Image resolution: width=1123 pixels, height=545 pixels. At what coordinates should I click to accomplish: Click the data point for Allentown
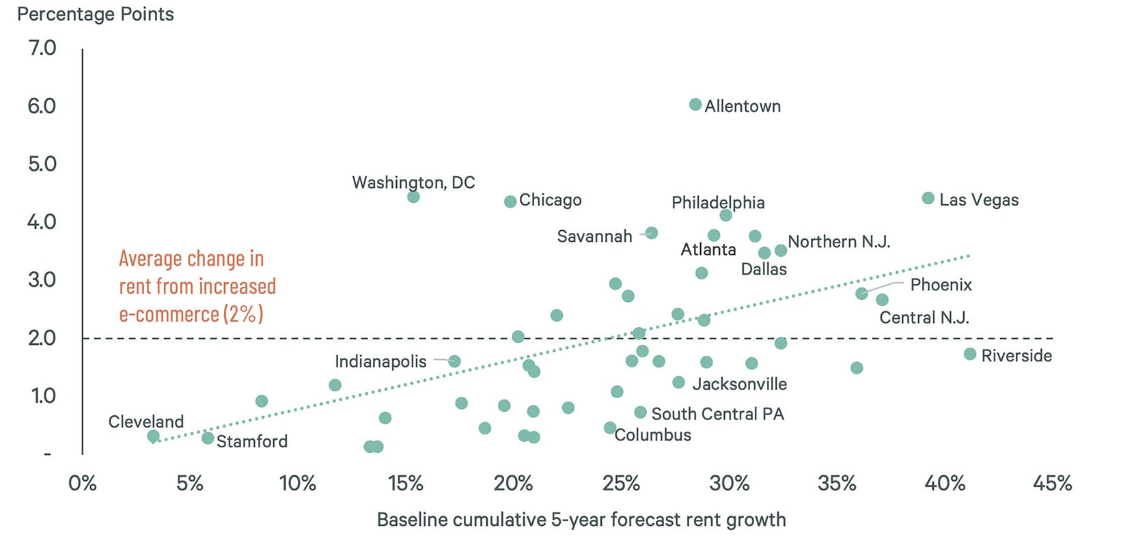coord(695,104)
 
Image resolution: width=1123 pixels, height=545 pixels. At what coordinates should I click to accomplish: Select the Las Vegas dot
coord(928,198)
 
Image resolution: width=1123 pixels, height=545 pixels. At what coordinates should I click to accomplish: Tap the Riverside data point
coord(970,354)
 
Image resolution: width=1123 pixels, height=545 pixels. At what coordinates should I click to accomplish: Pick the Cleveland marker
coord(153,436)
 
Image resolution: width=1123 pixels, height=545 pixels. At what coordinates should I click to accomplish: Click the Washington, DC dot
coord(413,197)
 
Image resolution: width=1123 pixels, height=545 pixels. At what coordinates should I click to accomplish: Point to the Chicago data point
coord(510,201)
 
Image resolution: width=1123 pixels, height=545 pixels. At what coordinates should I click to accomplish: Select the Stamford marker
coord(208,438)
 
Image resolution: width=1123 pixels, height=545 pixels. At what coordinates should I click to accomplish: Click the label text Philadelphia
coord(718,202)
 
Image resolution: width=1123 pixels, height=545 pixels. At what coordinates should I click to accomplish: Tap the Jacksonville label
coord(739,384)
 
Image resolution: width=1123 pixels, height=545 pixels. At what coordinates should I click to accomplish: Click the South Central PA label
coord(717,414)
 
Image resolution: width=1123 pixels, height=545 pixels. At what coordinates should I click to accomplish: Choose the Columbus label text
coord(653,435)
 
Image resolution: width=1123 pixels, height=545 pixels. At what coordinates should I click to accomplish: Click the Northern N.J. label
coord(839,242)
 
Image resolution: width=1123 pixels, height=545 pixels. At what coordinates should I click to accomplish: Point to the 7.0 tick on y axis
coord(42,48)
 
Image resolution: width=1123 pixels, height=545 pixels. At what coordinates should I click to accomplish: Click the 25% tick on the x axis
coord(621,484)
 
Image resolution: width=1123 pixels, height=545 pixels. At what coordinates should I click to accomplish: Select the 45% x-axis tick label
coord(1052,484)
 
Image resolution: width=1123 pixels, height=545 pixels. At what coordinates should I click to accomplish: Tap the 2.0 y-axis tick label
coord(42,337)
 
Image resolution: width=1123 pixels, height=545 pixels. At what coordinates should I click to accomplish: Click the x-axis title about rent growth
coord(581,520)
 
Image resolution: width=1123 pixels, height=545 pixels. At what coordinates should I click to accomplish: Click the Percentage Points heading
coord(95,14)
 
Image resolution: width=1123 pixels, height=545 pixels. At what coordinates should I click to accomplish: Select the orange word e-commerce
coord(169,314)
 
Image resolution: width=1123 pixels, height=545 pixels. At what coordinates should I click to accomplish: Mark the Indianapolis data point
coord(454,361)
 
